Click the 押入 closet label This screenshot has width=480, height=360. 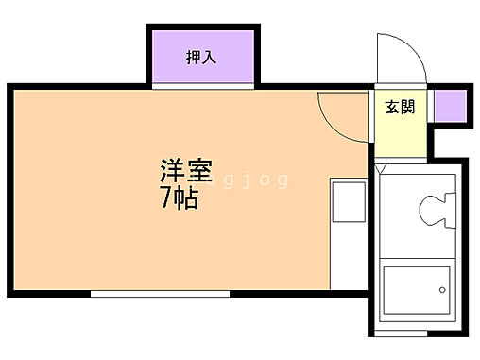point(200,58)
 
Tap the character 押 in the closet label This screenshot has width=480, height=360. point(192,58)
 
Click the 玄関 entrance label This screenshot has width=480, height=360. point(399,108)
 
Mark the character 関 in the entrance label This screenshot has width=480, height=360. point(407,108)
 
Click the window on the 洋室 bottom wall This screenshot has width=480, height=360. point(160,295)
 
